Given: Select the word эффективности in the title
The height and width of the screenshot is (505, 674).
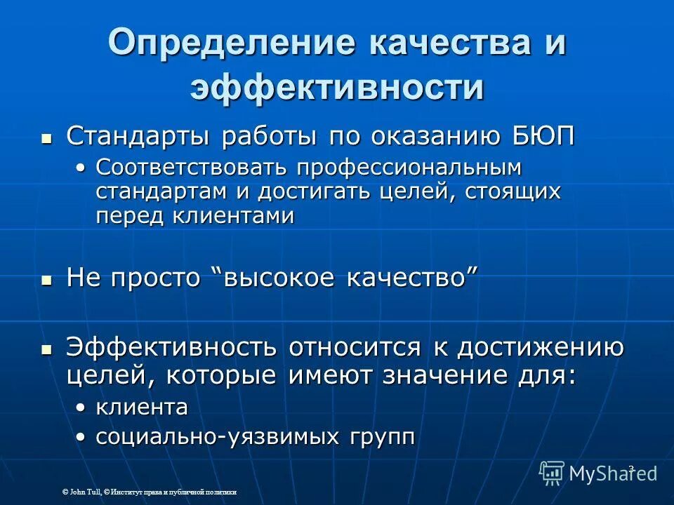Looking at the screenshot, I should pos(337,89).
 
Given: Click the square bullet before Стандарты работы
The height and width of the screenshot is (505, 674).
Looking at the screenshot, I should pos(47,137).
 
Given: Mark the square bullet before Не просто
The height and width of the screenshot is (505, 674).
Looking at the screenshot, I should pos(47,279).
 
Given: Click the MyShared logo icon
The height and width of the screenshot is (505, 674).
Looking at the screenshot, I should pos(552,473).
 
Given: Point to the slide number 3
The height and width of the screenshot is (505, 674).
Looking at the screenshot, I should pos(631,468).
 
